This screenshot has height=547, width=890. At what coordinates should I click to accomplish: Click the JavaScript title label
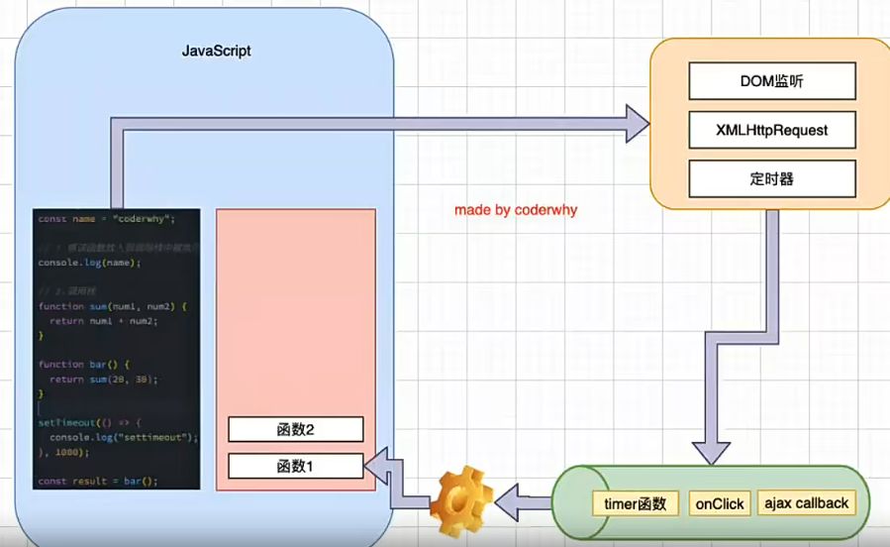(216, 51)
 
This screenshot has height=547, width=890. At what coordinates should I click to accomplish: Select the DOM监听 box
(771, 82)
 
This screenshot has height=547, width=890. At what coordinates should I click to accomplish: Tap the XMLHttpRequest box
(771, 130)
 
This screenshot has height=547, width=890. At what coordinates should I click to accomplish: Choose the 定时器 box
(771, 179)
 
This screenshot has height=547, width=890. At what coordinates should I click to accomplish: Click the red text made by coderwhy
(515, 210)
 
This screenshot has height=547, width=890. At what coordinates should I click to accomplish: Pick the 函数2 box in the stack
(296, 429)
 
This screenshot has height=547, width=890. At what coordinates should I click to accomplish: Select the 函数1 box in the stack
(296, 466)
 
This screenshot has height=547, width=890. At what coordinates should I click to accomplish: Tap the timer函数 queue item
(635, 503)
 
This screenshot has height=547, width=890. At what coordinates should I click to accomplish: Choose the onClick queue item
(720, 503)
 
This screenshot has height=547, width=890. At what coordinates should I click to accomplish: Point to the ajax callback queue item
(806, 503)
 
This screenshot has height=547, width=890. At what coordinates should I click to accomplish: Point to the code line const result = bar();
(98, 481)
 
